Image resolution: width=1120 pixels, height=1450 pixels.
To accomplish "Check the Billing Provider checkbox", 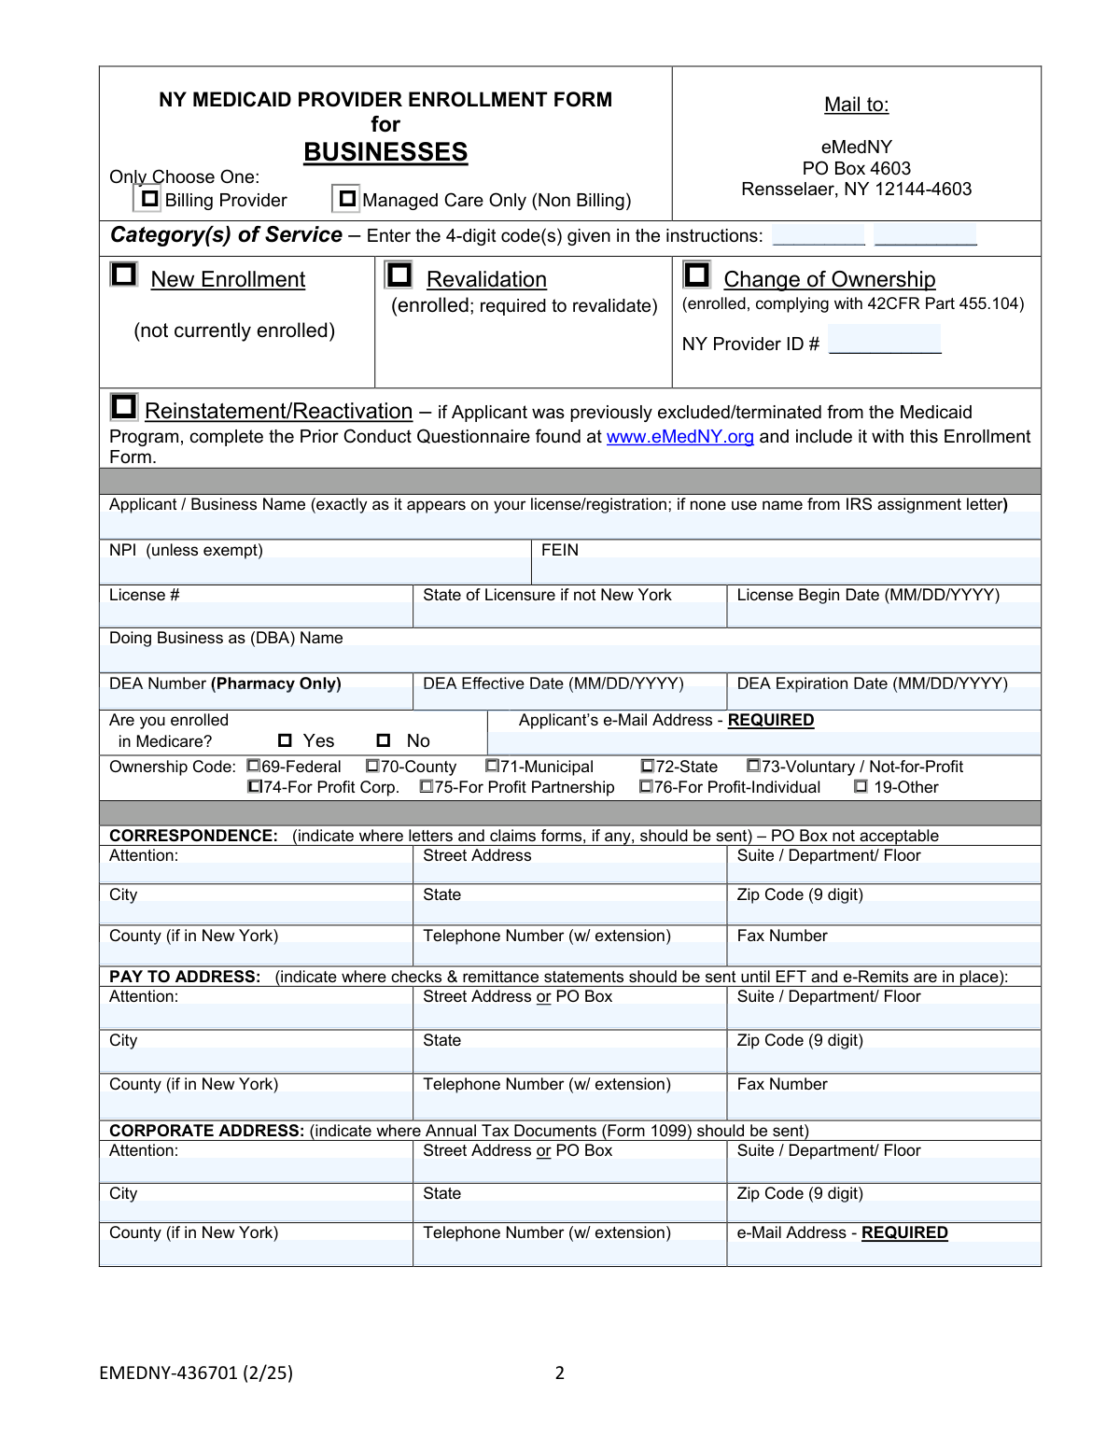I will (149, 199).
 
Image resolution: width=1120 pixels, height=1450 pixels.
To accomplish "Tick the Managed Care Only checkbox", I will (347, 199).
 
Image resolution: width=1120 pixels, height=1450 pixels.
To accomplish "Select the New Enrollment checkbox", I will (123, 275).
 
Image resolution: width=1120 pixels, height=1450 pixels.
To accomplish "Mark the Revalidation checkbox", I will (399, 275).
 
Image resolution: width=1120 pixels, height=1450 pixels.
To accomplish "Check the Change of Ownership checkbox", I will (696, 275).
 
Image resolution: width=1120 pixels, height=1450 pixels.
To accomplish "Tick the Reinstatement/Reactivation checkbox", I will (123, 407).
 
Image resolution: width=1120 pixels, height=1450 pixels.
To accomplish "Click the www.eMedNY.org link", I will (679, 437).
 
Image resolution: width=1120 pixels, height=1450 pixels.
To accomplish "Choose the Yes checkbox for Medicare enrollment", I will (285, 741).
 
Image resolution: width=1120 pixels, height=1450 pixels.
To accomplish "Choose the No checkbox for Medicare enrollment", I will (384, 741).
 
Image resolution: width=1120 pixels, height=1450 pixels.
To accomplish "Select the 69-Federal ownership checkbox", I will (253, 767).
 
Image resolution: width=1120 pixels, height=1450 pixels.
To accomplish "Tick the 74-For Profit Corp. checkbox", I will (255, 787).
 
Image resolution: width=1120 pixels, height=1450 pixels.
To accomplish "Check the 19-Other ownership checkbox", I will (861, 787).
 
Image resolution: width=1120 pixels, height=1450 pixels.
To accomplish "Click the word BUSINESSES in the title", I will (385, 152).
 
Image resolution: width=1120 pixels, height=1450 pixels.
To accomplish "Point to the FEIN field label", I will (560, 550).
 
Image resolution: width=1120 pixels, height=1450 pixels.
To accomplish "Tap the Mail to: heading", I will (856, 105).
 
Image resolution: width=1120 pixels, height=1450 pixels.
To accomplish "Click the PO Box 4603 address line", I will (856, 168).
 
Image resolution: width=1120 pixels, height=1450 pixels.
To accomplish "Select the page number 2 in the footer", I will (560, 1373).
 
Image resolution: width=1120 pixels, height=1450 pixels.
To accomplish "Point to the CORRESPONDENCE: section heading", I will (193, 836).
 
